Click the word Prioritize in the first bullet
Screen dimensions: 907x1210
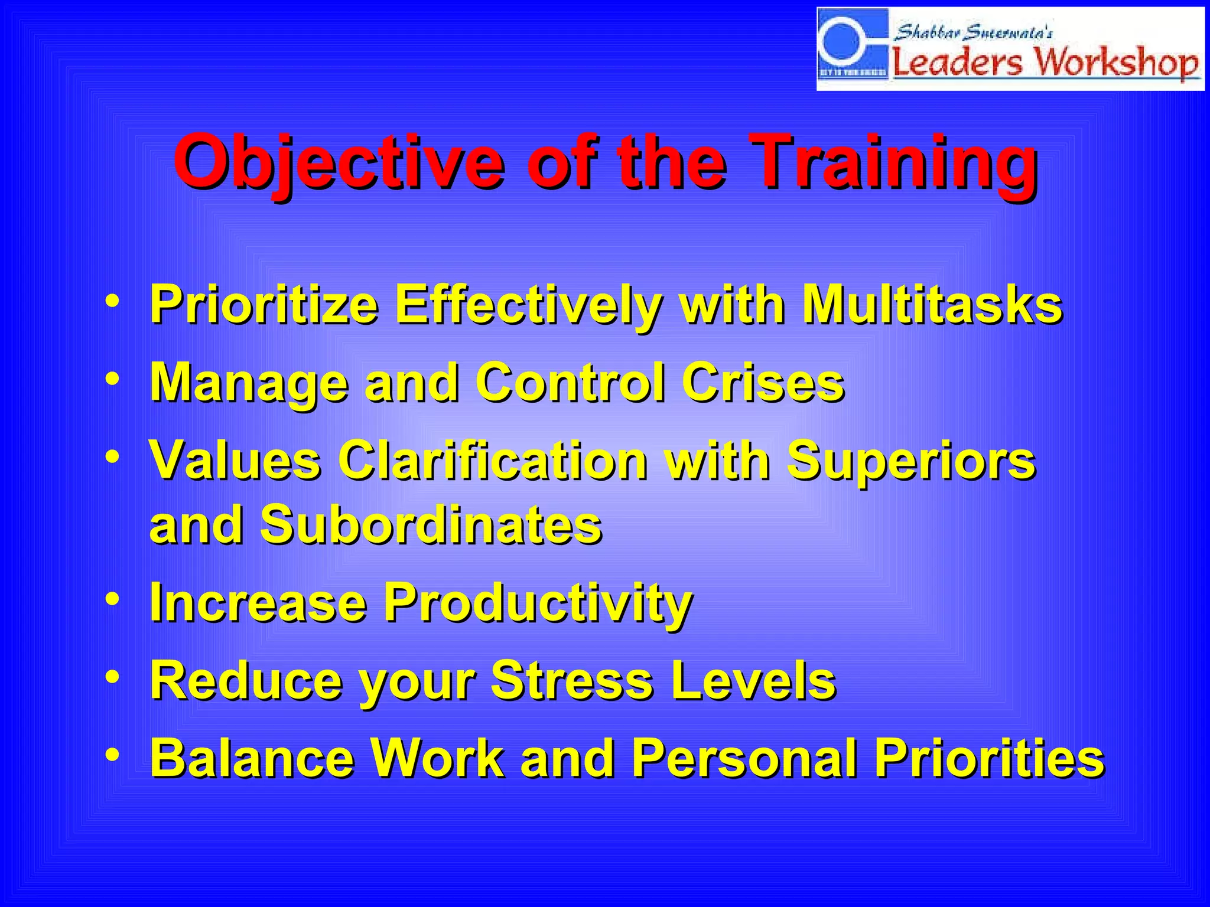pos(264,305)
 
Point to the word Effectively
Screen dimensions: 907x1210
pos(528,305)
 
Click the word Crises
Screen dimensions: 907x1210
pos(763,383)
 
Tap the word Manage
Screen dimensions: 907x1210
pos(249,383)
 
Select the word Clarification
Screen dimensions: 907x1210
pos(493,461)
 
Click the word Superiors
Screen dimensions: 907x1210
pos(910,461)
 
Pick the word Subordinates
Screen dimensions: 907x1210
pos(431,524)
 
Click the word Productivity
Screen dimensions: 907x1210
pos(538,603)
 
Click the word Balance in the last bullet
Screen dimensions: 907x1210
pos(252,758)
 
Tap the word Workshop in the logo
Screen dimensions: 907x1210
pos(1117,62)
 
